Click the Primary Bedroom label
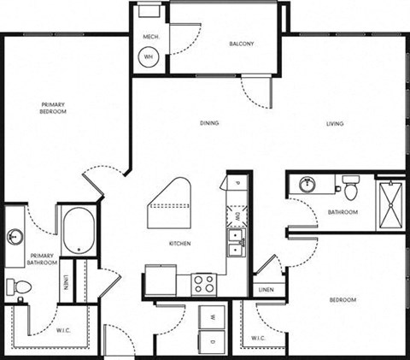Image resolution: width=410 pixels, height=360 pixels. click(52, 109)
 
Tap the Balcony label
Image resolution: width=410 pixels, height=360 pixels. click(242, 44)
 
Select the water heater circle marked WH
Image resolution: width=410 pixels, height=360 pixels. click(149, 56)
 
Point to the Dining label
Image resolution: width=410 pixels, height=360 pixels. click(209, 123)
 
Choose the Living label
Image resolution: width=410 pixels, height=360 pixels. click(334, 124)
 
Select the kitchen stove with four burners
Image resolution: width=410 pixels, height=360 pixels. click(202, 282)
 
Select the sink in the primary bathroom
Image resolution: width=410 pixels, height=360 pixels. click(15, 236)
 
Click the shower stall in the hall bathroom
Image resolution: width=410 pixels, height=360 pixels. click(390, 203)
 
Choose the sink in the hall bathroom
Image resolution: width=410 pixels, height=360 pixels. click(307, 183)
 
